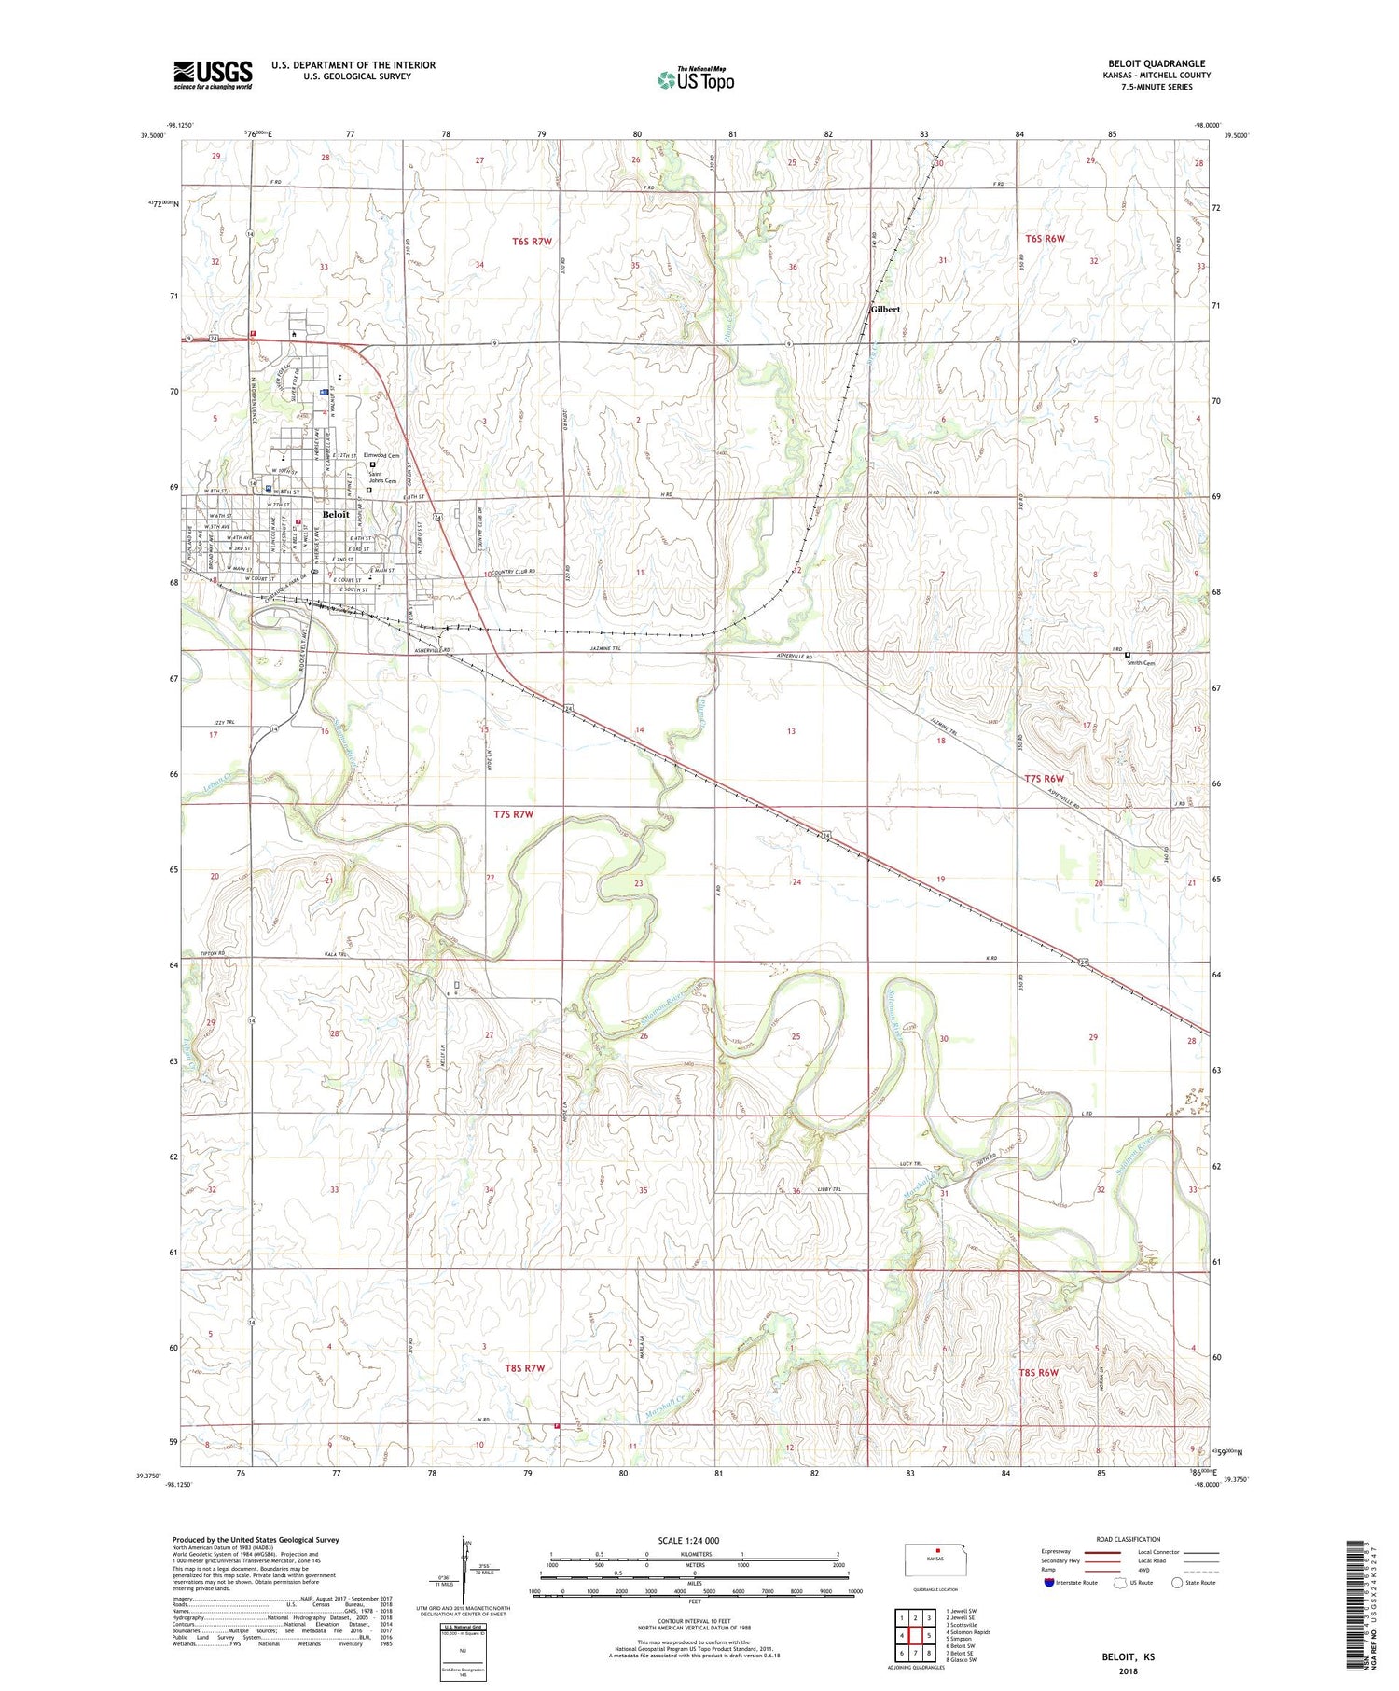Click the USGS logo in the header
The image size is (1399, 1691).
pyautogui.click(x=213, y=75)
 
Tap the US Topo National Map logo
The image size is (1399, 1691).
pyautogui.click(x=695, y=79)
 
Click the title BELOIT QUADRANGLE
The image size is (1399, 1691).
pyautogui.click(x=1157, y=63)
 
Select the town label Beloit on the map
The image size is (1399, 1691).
pyautogui.click(x=336, y=514)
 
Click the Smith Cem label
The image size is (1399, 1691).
pyautogui.click(x=1141, y=663)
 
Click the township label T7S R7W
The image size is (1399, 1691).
pyautogui.click(x=513, y=814)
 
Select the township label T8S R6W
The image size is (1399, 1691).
pyautogui.click(x=1038, y=1372)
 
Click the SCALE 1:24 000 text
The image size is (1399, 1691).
pyautogui.click(x=688, y=1540)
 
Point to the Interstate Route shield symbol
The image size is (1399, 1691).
pyautogui.click(x=1049, y=1583)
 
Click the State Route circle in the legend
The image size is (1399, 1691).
pyautogui.click(x=1177, y=1583)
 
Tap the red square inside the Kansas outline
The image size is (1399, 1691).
pyautogui.click(x=938, y=1552)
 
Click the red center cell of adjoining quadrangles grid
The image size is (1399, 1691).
pyautogui.click(x=916, y=1635)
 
